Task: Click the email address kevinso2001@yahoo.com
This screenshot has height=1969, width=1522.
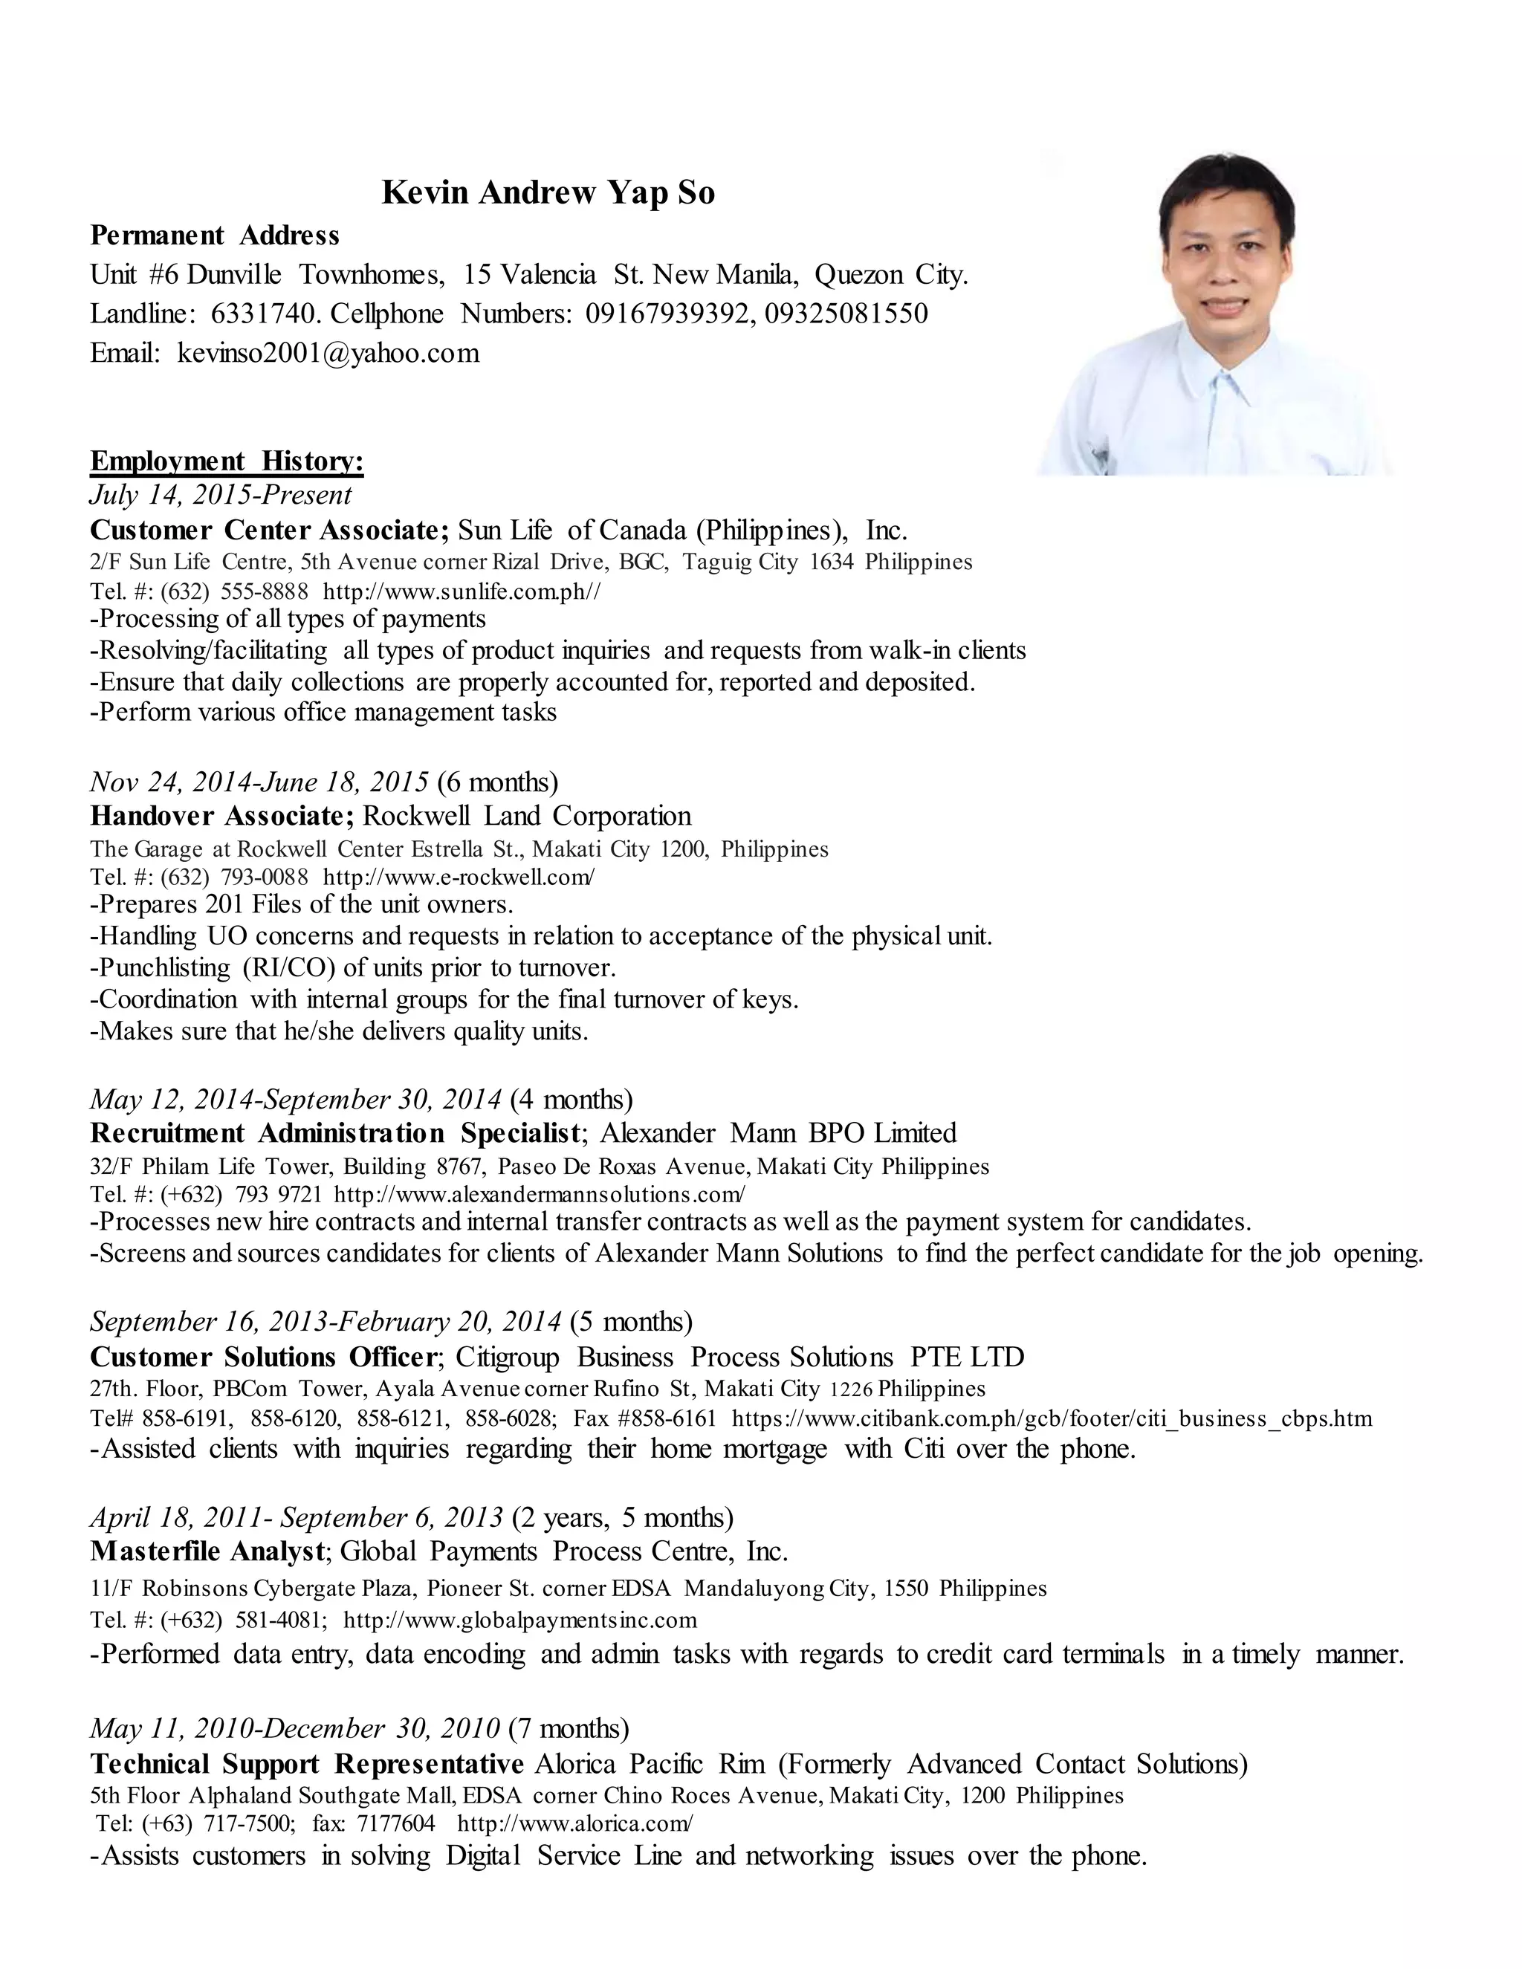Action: [328, 352]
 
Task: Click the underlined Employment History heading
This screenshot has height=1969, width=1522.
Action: [227, 461]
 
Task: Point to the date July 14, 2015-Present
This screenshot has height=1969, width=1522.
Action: [221, 495]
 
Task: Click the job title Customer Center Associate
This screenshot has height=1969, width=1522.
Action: [269, 529]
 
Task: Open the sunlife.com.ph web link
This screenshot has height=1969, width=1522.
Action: [462, 592]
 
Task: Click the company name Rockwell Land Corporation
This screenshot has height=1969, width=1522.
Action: [527, 816]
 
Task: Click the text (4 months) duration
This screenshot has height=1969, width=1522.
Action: [571, 1099]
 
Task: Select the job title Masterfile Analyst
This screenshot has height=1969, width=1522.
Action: [207, 1551]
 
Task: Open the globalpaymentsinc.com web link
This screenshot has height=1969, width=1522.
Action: [520, 1620]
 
